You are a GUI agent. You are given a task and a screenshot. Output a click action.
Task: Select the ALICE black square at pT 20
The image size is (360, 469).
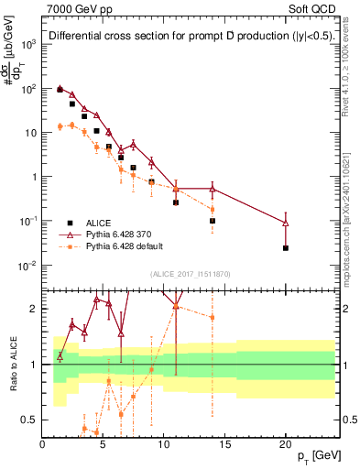coord(286,247)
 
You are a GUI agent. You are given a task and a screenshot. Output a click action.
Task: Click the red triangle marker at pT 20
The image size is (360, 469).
coord(286,223)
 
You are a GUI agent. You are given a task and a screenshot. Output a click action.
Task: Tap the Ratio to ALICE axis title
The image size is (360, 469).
coord(12,364)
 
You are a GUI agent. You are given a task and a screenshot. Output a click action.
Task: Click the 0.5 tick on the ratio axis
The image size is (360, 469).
coord(32,420)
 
